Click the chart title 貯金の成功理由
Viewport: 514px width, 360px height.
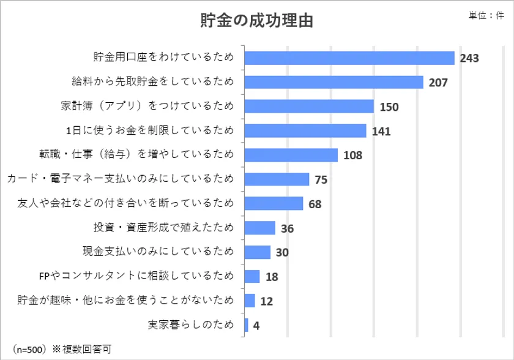point(256,20)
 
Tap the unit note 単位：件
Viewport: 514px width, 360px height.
point(486,15)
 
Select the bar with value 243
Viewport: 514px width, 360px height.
point(349,58)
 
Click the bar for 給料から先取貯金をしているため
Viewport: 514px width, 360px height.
point(334,82)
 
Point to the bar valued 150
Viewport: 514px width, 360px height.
point(309,107)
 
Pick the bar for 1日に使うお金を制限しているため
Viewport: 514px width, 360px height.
point(305,131)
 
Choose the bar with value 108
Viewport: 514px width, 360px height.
point(291,155)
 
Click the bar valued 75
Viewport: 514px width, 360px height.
point(277,179)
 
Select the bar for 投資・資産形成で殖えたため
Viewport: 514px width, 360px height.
point(260,228)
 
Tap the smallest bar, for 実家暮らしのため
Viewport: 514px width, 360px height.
point(247,325)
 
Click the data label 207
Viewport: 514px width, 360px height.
point(438,83)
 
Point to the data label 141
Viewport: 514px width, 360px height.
point(381,132)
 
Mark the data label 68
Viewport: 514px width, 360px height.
point(315,204)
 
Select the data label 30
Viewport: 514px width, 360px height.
point(282,252)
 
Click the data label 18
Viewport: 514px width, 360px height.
point(272,277)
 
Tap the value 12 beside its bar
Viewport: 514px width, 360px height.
point(267,301)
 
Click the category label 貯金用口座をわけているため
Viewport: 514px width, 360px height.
point(163,57)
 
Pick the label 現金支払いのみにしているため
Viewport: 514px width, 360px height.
point(158,251)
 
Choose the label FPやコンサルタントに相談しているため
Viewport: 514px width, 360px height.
point(136,276)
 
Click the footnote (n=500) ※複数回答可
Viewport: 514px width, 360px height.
point(62,349)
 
